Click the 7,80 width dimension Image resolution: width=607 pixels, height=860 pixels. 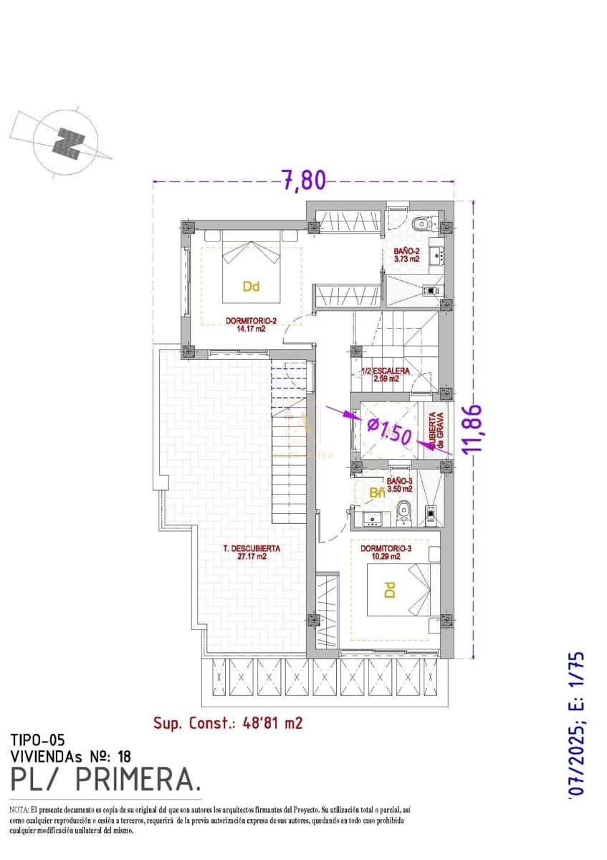(303, 180)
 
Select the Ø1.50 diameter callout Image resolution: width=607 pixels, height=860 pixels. (388, 431)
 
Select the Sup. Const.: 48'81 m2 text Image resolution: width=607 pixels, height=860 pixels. (228, 723)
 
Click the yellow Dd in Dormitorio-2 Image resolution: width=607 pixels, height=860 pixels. (251, 287)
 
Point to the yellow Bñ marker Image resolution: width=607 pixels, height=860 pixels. (377, 493)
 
